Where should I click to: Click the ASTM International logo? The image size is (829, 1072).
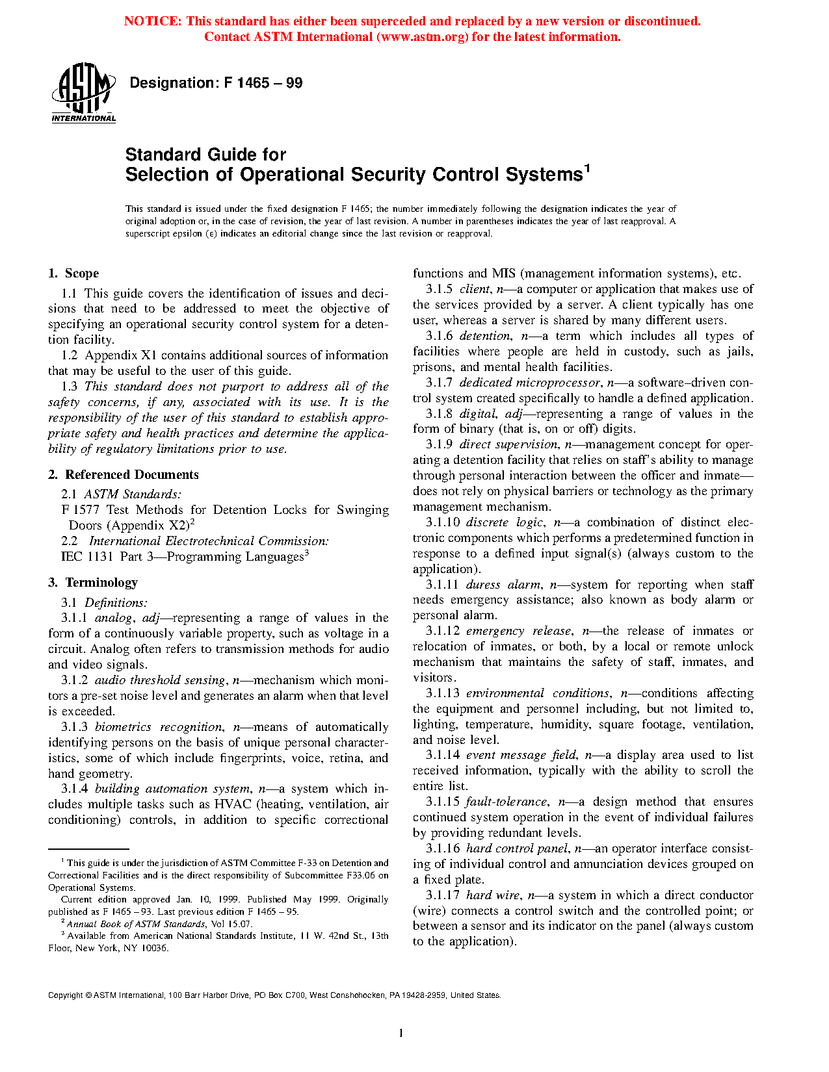point(83,92)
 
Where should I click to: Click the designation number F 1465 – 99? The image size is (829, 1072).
point(263,83)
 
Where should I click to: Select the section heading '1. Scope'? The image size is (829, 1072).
point(73,274)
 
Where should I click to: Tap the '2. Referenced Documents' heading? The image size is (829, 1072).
point(124,475)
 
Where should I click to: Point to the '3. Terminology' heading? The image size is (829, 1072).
point(93,583)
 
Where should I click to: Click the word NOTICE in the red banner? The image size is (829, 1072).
point(153,21)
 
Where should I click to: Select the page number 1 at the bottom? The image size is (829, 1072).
point(401,1033)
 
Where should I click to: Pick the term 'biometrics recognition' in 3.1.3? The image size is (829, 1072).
point(158,727)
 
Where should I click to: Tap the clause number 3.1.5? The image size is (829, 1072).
point(439,289)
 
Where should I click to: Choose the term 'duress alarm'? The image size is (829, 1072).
point(503,585)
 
